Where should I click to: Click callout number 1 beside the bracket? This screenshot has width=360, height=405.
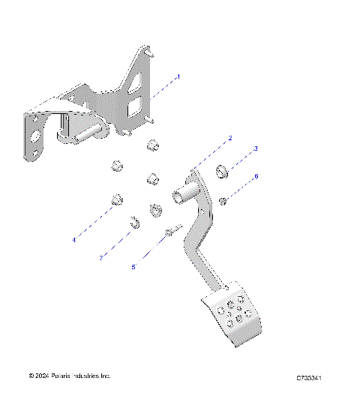[x=178, y=76]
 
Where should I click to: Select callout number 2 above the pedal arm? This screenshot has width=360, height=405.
[x=230, y=138]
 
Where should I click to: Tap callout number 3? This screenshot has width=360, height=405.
[x=256, y=149]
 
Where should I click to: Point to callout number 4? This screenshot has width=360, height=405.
[x=74, y=240]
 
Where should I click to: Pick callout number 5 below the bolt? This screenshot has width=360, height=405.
[x=133, y=266]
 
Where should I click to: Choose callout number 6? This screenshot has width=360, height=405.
[x=256, y=176]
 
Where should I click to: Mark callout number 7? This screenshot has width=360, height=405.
[x=100, y=259]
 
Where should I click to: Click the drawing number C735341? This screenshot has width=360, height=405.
[x=309, y=377]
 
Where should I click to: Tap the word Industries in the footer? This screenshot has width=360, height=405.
[x=90, y=375]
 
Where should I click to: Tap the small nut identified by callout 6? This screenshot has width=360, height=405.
[x=223, y=199]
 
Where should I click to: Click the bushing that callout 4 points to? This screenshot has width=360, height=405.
[x=117, y=200]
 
